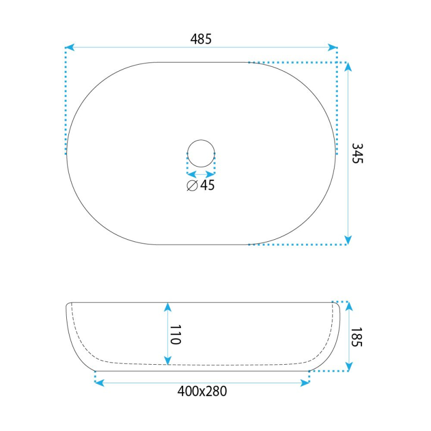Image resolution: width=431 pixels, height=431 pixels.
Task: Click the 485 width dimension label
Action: (201, 39)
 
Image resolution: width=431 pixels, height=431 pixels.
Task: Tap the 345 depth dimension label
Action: (358, 154)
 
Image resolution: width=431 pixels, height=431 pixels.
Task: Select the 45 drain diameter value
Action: (207, 185)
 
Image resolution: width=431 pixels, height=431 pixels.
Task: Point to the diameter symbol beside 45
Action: (192, 185)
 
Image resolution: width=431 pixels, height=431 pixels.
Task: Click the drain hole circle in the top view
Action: (201, 140)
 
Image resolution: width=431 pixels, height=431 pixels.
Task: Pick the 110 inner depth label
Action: (176, 335)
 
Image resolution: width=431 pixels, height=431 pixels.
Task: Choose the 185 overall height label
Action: (357, 337)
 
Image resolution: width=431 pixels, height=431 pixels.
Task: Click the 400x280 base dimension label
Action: (202, 391)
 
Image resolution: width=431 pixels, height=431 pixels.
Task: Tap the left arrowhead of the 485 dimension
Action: (70, 47)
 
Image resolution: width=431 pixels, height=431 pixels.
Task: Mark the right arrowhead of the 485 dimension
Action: (332, 47)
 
